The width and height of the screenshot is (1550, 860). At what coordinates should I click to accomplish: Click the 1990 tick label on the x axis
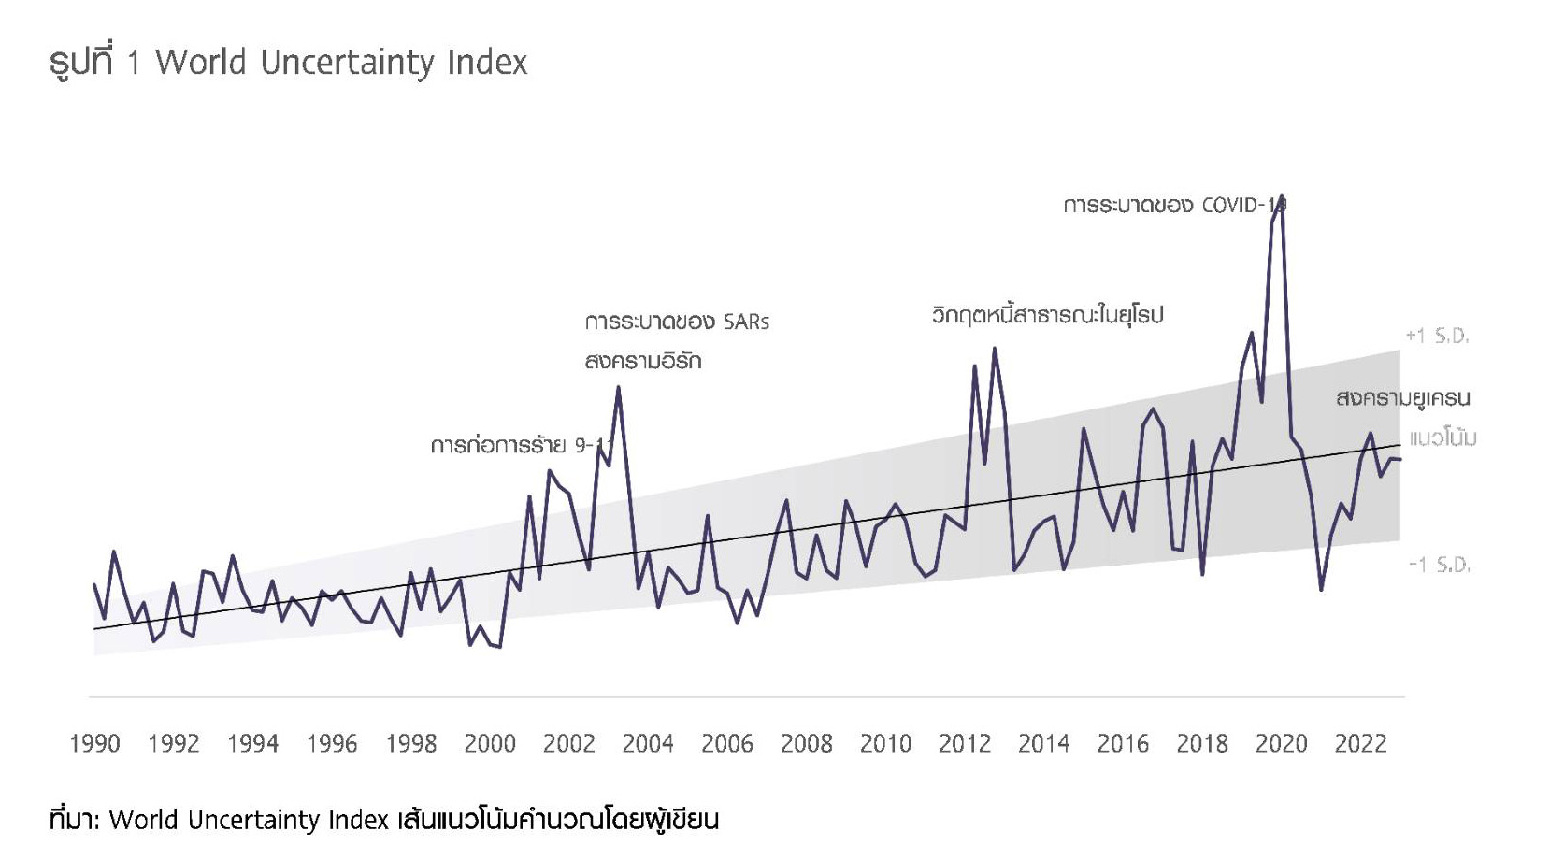(94, 744)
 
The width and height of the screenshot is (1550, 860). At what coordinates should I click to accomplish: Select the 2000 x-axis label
(490, 744)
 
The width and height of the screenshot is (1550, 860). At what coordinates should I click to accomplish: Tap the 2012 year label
(965, 744)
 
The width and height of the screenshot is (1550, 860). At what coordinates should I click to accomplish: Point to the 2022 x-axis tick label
(1360, 744)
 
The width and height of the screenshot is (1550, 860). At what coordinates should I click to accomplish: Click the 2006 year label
(727, 744)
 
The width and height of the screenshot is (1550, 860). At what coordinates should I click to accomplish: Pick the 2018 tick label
(1202, 744)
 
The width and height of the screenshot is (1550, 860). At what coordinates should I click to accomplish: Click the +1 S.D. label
(1437, 336)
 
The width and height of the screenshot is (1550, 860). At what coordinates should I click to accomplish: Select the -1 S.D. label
(1439, 565)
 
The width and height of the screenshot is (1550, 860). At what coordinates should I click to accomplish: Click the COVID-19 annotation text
(1174, 205)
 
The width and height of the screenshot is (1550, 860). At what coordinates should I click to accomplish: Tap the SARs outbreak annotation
(677, 322)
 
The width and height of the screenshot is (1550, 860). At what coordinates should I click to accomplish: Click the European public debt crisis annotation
(1047, 315)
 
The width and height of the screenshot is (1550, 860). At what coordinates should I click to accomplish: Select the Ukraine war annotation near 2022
(1402, 398)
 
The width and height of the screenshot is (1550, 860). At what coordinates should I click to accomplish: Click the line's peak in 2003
(618, 387)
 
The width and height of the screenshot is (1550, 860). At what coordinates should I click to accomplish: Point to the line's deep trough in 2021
(1321, 590)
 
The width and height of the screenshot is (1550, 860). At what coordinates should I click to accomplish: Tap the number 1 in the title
(133, 63)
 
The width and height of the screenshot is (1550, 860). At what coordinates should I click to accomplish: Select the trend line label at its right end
(1442, 437)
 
